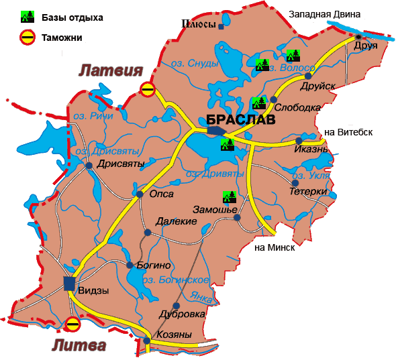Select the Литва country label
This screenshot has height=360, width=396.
79,346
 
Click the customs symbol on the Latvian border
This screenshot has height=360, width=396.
148,88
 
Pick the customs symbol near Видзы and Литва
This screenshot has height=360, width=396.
73,324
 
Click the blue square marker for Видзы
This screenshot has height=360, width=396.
69,283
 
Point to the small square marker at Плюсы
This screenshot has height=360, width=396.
221,27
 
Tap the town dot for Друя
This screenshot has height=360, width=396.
358,37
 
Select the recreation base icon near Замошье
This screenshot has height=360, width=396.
230,196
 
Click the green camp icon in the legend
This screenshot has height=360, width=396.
27,17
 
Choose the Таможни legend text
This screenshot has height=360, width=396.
61,38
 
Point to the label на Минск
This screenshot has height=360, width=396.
275,247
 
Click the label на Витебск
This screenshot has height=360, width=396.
348,132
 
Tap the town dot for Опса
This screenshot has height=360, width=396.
140,194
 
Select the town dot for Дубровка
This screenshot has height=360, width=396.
176,305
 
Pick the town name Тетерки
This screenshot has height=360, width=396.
308,192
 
